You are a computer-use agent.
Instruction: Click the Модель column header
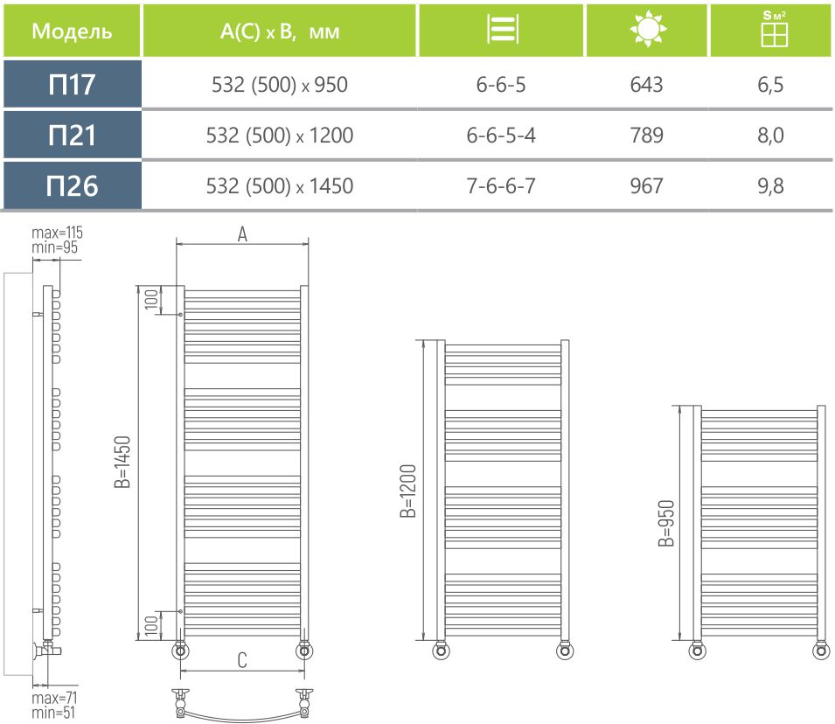pyautogui.click(x=72, y=31)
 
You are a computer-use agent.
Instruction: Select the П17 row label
pyautogui.click(x=72, y=84)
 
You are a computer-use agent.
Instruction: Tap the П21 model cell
pyautogui.click(x=72, y=135)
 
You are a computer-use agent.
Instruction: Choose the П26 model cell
pyautogui.click(x=72, y=186)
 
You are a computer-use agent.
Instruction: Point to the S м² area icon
pyautogui.click(x=774, y=29)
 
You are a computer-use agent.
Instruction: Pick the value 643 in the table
pyautogui.click(x=646, y=84)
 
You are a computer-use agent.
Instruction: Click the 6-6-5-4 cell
pyautogui.click(x=501, y=136)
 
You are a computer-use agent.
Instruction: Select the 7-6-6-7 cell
pyautogui.click(x=501, y=186)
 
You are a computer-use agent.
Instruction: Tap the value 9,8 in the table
pyautogui.click(x=770, y=186)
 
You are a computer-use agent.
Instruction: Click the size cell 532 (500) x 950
pyautogui.click(x=280, y=85)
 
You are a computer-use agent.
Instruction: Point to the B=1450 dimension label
pyautogui.click(x=122, y=462)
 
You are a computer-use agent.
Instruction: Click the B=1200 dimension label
pyautogui.click(x=408, y=491)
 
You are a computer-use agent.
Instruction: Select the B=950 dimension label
pyautogui.click(x=666, y=523)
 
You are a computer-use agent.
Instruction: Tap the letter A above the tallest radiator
pyautogui.click(x=242, y=233)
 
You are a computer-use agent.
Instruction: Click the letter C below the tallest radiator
pyautogui.click(x=242, y=660)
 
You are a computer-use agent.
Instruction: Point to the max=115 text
pyautogui.click(x=57, y=233)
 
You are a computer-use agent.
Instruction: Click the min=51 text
pyautogui.click(x=53, y=713)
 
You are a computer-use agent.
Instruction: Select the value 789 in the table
pyautogui.click(x=646, y=136)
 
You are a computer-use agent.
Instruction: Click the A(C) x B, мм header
pyautogui.click(x=280, y=31)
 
